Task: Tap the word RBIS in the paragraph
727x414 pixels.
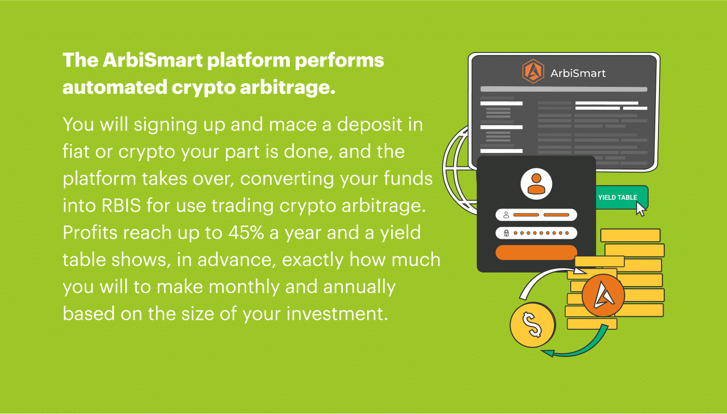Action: [121, 206]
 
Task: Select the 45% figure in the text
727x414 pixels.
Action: [246, 232]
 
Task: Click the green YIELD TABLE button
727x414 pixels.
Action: [622, 197]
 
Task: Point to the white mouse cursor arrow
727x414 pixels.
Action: [641, 209]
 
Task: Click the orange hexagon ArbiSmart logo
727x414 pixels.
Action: [533, 71]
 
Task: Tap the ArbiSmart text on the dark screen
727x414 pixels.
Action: [578, 73]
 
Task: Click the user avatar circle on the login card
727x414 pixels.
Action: [536, 184]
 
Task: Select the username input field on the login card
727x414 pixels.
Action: [536, 215]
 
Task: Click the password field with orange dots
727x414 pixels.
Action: [536, 233]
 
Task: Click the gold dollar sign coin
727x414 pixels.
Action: [532, 325]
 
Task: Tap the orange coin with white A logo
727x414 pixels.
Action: [603, 295]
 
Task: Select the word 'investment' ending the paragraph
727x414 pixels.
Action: [337, 314]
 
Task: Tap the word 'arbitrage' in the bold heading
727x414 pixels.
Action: [288, 88]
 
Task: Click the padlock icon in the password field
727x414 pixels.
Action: [506, 233]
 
